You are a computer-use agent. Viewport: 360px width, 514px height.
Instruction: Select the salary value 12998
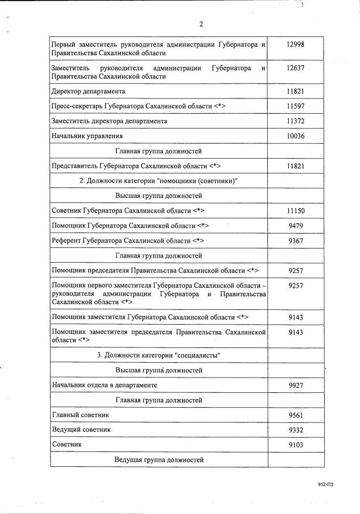[296, 44]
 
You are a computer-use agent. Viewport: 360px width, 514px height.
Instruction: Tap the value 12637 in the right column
[296, 68]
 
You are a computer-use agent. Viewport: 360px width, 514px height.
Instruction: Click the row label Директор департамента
[88, 91]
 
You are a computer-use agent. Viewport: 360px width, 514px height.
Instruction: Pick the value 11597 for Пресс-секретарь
[296, 106]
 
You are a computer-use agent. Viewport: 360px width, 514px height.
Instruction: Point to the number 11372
[296, 121]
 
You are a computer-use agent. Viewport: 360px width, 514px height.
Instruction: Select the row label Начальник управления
[87, 136]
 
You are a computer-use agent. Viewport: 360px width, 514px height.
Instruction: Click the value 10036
[296, 136]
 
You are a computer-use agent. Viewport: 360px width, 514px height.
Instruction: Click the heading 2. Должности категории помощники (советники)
[158, 181]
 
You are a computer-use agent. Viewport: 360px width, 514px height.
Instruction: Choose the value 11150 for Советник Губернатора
[296, 211]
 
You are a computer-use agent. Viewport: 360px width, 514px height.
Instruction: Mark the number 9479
[296, 226]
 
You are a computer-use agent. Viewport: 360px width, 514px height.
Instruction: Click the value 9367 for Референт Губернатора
[296, 241]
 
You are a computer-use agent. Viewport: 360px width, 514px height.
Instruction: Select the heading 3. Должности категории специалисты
[159, 355]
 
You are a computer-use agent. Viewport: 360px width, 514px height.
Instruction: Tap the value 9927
[296, 385]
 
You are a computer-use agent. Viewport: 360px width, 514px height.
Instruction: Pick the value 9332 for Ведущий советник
[296, 430]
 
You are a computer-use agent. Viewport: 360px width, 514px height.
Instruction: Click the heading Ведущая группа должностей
[159, 459]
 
